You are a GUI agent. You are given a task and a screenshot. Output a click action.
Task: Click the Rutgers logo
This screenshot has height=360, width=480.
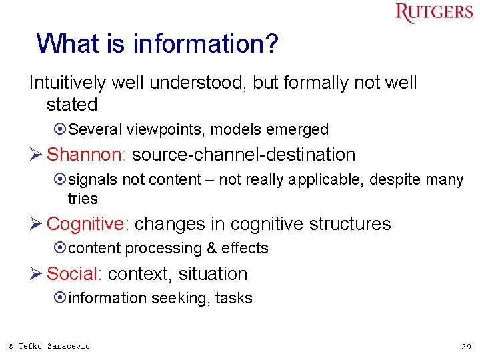pyautogui.click(x=433, y=13)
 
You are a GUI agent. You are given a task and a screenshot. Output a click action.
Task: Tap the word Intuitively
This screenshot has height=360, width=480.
pyautogui.click(x=67, y=83)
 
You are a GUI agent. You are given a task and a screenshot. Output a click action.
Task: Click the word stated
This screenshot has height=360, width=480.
pyautogui.click(x=72, y=105)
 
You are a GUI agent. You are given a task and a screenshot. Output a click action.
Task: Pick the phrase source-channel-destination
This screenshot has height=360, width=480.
pyautogui.click(x=244, y=155)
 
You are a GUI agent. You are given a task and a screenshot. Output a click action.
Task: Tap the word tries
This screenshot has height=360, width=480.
pyautogui.click(x=83, y=199)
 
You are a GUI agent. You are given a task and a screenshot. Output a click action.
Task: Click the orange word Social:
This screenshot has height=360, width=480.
pyautogui.click(x=75, y=274)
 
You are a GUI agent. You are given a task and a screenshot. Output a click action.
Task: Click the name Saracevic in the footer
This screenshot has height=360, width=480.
pyautogui.click(x=68, y=346)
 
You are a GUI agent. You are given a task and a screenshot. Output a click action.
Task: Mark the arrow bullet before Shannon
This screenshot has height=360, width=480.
pyautogui.click(x=36, y=155)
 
